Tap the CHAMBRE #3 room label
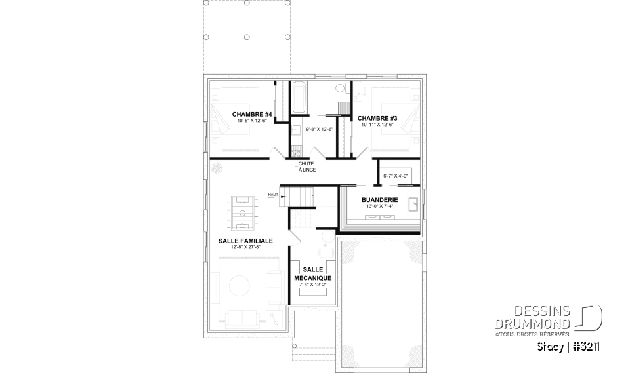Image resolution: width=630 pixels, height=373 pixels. click(377, 118)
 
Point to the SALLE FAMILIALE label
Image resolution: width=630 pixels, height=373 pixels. click(245, 241)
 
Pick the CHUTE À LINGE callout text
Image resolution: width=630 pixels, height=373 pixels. click(306, 167)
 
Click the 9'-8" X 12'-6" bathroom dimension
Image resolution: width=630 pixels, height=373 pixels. click(320, 129)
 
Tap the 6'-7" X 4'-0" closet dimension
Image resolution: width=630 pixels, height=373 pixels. click(396, 175)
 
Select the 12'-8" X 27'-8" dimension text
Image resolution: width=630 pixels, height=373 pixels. click(245, 248)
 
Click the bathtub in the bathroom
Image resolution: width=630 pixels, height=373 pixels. click(299, 97)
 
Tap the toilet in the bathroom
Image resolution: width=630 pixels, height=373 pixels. click(340, 88)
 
